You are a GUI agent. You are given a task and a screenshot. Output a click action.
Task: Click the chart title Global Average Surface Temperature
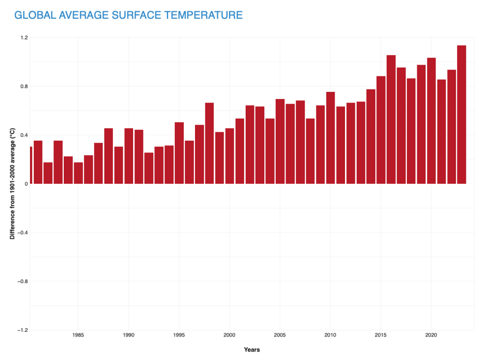click(128, 15)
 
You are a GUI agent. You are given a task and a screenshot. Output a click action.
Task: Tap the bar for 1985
click(78, 173)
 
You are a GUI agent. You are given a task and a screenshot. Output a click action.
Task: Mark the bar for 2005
click(280, 141)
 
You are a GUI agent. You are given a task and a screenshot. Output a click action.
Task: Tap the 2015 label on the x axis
click(381, 335)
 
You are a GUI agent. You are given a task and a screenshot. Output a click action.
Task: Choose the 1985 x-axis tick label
click(78, 335)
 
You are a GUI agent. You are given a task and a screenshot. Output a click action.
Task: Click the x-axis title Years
click(252, 350)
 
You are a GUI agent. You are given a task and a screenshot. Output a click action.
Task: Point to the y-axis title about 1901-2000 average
click(13, 184)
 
